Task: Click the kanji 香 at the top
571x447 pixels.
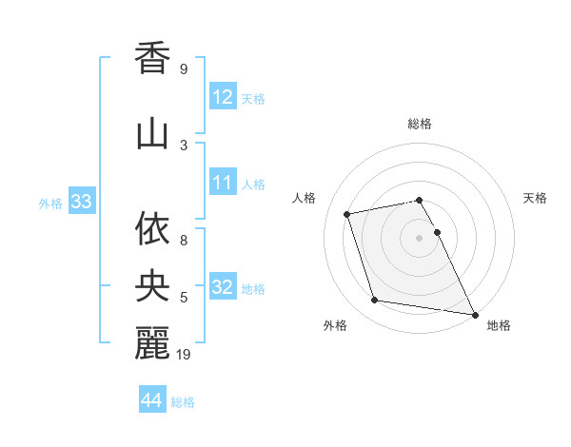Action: (152, 58)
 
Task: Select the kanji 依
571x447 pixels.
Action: (152, 229)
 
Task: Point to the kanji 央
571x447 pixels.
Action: (152, 282)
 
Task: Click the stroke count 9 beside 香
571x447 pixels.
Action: (183, 69)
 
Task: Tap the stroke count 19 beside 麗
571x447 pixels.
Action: (186, 355)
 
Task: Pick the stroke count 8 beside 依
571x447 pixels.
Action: (183, 241)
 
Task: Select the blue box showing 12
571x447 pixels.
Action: (223, 97)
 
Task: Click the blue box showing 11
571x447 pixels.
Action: (223, 183)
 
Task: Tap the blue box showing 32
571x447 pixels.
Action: (223, 287)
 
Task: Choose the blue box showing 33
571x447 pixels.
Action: (80, 202)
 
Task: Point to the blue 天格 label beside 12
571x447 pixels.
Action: (253, 99)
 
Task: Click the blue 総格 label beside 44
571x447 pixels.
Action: (183, 402)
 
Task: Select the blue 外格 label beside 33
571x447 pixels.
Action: (50, 203)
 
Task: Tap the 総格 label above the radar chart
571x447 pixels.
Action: (420, 125)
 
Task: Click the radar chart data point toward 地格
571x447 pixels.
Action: (474, 314)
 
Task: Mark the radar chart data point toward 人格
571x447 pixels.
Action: (347, 214)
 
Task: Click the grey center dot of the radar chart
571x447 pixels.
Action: (420, 237)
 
